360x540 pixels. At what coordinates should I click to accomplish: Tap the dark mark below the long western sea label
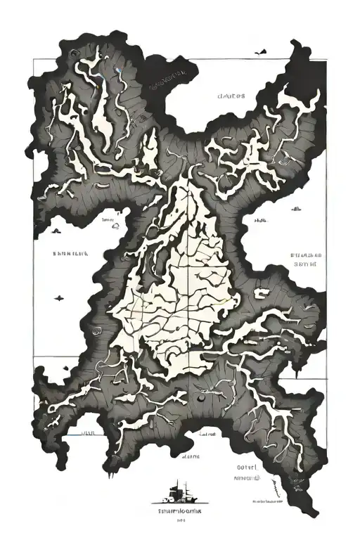click(x=58, y=299)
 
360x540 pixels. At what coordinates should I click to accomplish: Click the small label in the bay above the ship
click(x=188, y=458)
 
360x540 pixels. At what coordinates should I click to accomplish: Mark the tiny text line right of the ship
click(x=268, y=502)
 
